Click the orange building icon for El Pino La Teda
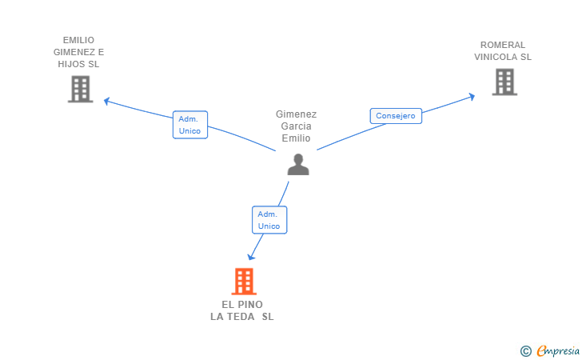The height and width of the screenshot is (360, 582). [244, 282]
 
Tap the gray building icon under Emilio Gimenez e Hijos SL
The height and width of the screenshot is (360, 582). [81, 89]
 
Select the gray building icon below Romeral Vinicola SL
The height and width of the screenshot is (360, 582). [504, 82]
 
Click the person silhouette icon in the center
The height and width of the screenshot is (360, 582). [298, 164]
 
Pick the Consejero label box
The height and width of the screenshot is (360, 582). [396, 116]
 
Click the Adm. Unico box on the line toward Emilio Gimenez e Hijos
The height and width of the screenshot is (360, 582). [190, 125]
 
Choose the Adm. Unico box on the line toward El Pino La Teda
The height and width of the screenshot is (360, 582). [269, 220]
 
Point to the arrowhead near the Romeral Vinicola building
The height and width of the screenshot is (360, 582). [472, 97]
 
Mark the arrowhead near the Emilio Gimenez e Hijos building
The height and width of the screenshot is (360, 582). [107, 101]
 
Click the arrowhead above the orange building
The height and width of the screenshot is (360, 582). [251, 257]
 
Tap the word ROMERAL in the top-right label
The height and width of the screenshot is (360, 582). [503, 45]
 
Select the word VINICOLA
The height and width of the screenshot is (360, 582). [496, 57]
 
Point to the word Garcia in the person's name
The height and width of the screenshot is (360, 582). [296, 126]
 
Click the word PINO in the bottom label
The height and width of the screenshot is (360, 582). [250, 305]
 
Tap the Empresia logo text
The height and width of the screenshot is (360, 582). [558, 350]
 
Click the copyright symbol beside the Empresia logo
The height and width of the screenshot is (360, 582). [525, 351]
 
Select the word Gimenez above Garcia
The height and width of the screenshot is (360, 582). [296, 114]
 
